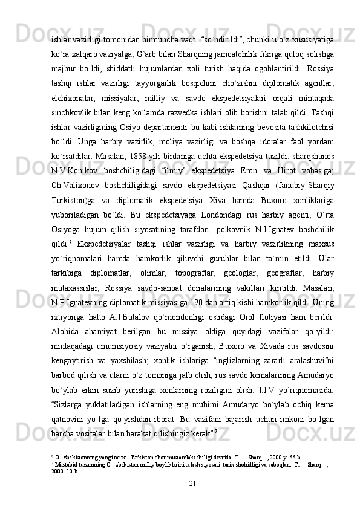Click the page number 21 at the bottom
click(x=192, y=484)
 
